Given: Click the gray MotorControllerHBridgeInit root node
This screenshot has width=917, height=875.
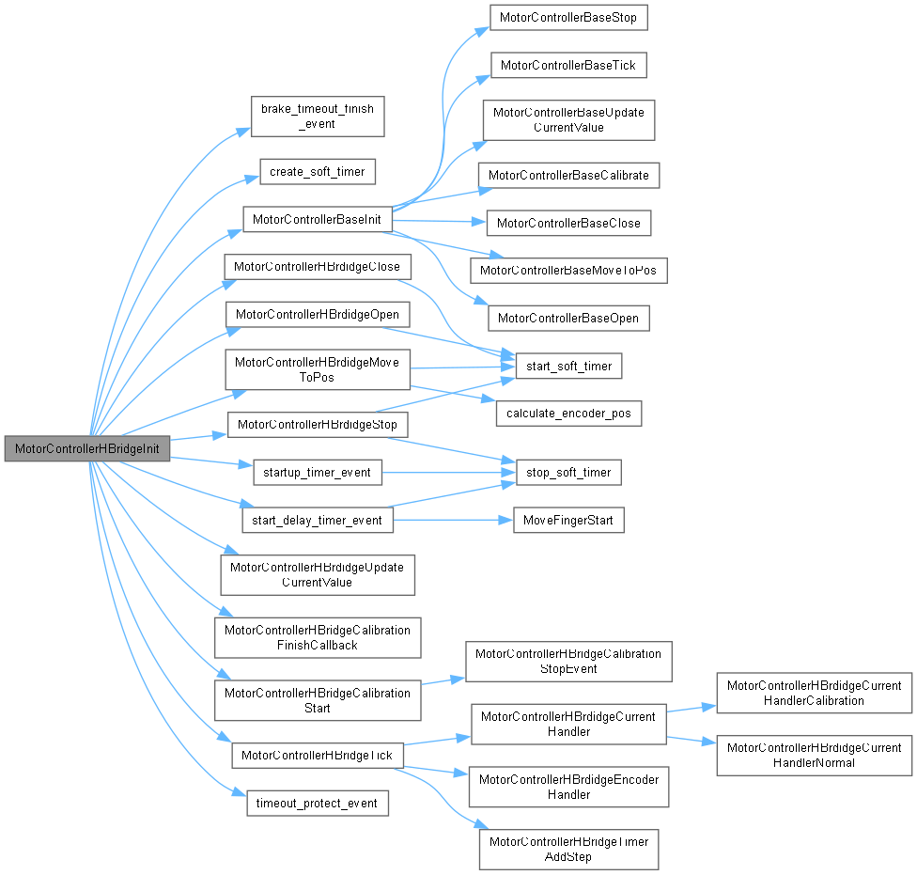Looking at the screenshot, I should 86,449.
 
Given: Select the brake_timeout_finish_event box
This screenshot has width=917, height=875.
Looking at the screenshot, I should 317,116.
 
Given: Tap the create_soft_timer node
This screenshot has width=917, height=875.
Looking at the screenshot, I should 318,172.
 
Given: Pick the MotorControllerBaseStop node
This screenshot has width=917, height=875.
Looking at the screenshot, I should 568,18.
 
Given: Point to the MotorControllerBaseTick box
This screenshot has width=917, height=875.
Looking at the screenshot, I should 568,66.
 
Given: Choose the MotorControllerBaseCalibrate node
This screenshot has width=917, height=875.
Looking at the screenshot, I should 569,175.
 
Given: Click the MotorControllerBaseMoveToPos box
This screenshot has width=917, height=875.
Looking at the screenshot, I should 568,271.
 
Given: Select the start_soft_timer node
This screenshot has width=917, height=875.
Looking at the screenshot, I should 568,366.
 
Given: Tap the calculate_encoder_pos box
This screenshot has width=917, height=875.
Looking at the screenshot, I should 568,414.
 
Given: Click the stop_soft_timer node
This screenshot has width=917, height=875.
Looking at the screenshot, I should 568,472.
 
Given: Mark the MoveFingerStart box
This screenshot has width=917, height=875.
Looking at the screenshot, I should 567,520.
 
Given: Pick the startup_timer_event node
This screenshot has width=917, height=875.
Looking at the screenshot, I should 318,472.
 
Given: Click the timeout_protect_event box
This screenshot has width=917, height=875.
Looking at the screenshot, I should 317,803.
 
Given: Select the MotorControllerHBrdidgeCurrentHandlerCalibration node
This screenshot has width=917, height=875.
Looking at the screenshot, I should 814,693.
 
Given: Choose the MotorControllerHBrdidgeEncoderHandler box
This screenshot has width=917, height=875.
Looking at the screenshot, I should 569,787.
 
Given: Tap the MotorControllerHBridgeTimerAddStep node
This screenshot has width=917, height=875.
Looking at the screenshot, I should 569,849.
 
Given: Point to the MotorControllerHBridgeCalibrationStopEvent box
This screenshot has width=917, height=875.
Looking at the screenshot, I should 568,661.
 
